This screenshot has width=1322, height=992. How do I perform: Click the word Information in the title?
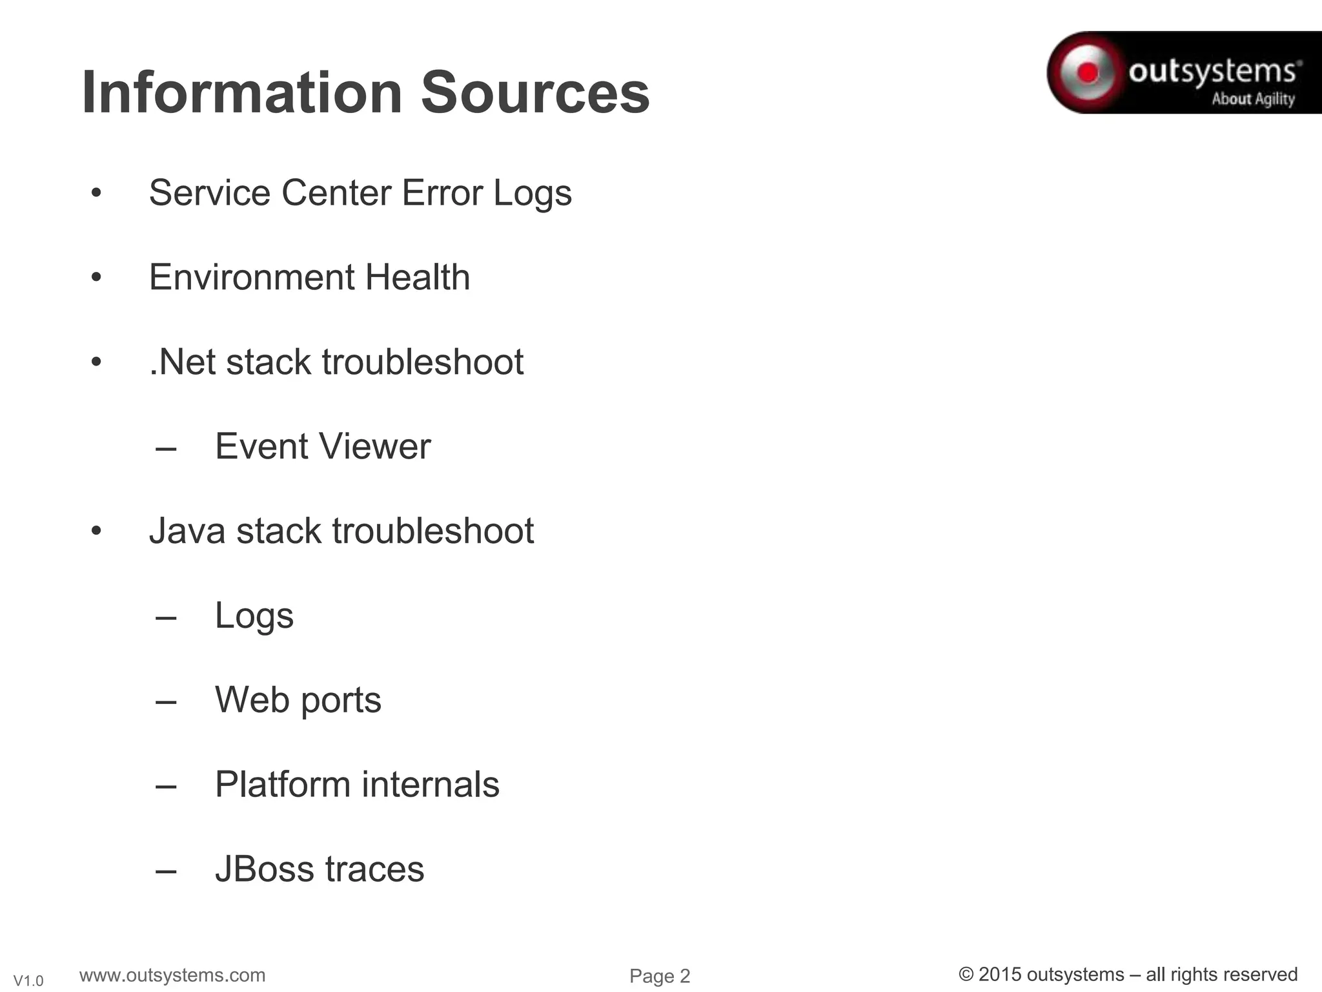point(242,93)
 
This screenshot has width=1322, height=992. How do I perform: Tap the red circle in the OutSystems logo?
point(1088,72)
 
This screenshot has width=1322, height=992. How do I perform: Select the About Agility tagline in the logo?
point(1253,99)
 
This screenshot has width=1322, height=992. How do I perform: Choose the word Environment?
point(251,277)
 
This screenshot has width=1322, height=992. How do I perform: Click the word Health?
point(418,277)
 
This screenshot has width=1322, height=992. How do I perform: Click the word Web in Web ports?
point(252,700)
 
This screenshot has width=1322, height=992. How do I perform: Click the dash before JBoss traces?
point(166,871)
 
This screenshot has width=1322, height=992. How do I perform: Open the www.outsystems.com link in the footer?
point(172,975)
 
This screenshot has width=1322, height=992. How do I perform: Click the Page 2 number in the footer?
point(660,976)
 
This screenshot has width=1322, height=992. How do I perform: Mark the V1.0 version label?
point(28,981)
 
